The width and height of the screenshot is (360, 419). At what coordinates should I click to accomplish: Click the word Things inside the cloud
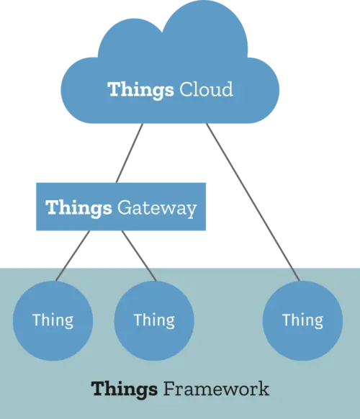coord(140,90)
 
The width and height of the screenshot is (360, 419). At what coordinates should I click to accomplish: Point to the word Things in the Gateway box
coord(78,208)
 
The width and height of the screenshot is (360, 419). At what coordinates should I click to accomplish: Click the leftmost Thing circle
coord(53,320)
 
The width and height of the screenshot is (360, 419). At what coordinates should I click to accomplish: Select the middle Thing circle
coord(154,320)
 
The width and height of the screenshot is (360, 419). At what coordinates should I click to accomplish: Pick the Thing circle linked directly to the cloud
coord(302,320)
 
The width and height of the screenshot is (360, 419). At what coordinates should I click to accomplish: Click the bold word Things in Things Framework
coord(124,389)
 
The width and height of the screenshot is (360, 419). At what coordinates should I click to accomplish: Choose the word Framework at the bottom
coord(216,389)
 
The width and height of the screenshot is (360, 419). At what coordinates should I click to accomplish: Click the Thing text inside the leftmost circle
coord(53,320)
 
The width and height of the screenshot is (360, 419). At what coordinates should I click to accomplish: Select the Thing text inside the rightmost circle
coord(302,320)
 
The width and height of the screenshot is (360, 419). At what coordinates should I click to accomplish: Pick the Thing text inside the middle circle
coord(154,320)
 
